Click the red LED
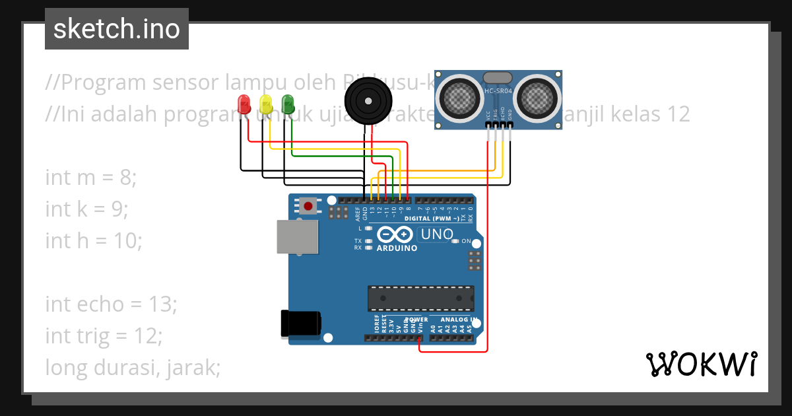point(244,104)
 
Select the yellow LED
point(265,104)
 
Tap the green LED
point(287,104)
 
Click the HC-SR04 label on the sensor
point(498,90)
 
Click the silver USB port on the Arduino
point(297,236)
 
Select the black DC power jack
point(300,323)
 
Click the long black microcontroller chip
point(420,298)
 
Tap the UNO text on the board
point(436,234)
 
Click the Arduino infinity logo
point(395,235)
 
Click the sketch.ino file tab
point(117,29)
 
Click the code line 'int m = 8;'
point(91,178)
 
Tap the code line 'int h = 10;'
point(94,240)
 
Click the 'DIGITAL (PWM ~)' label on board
point(432,218)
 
